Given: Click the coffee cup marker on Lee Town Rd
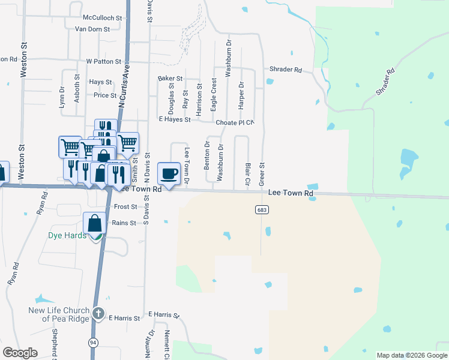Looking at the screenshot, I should click(169, 174).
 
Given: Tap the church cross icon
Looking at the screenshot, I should click(99, 313).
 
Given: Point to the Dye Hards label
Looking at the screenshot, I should click(67, 235).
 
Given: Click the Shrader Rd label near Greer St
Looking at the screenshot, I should click(286, 70).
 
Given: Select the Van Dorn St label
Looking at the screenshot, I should click(92, 29).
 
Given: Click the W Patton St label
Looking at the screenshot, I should click(104, 62).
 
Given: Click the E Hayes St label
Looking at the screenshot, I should click(175, 119).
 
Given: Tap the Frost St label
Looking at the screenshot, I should click(125, 207).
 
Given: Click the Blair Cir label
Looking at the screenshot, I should click(247, 172).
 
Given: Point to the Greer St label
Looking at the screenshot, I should click(262, 173).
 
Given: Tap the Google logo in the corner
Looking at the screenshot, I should click(20, 353).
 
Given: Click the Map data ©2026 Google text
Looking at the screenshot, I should click(412, 355).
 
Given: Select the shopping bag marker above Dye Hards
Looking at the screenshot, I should click(95, 224).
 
